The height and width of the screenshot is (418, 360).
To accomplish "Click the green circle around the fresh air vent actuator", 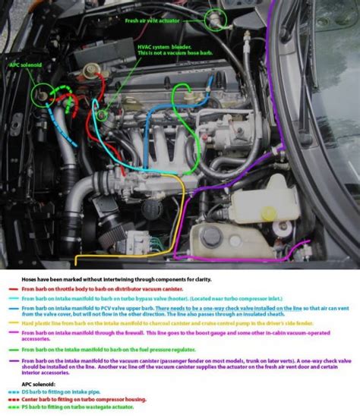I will coord(217,17).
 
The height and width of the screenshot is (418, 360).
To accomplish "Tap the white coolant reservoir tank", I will coord(254,204).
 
